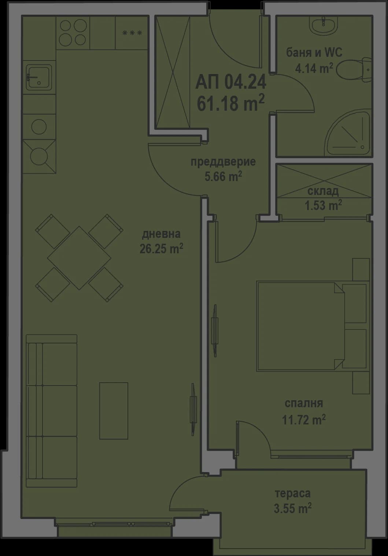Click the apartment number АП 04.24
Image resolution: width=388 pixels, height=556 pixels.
[230, 82]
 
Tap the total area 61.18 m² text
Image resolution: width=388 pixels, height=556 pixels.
[230, 104]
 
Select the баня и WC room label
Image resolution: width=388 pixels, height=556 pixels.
[314, 52]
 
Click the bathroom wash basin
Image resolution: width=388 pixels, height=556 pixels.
[324, 25]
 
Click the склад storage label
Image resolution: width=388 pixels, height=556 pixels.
[323, 191]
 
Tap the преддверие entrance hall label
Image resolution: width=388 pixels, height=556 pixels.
[223, 162]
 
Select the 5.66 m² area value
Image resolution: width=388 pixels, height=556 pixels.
[223, 177]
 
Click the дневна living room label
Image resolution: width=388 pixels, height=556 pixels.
[161, 233]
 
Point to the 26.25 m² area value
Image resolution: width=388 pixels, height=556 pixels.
[161, 249]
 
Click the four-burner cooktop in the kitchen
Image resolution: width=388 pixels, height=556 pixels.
[73, 33]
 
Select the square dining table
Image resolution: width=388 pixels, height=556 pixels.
[79, 258]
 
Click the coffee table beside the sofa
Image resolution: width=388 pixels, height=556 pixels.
[114, 410]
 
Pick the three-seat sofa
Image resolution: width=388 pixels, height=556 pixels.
[52, 410]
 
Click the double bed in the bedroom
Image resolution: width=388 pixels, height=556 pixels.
[311, 326]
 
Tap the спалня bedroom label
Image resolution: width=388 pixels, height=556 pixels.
[304, 404]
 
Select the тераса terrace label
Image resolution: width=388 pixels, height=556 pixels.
[292, 493]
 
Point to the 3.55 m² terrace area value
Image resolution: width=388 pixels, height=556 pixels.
[292, 508]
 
